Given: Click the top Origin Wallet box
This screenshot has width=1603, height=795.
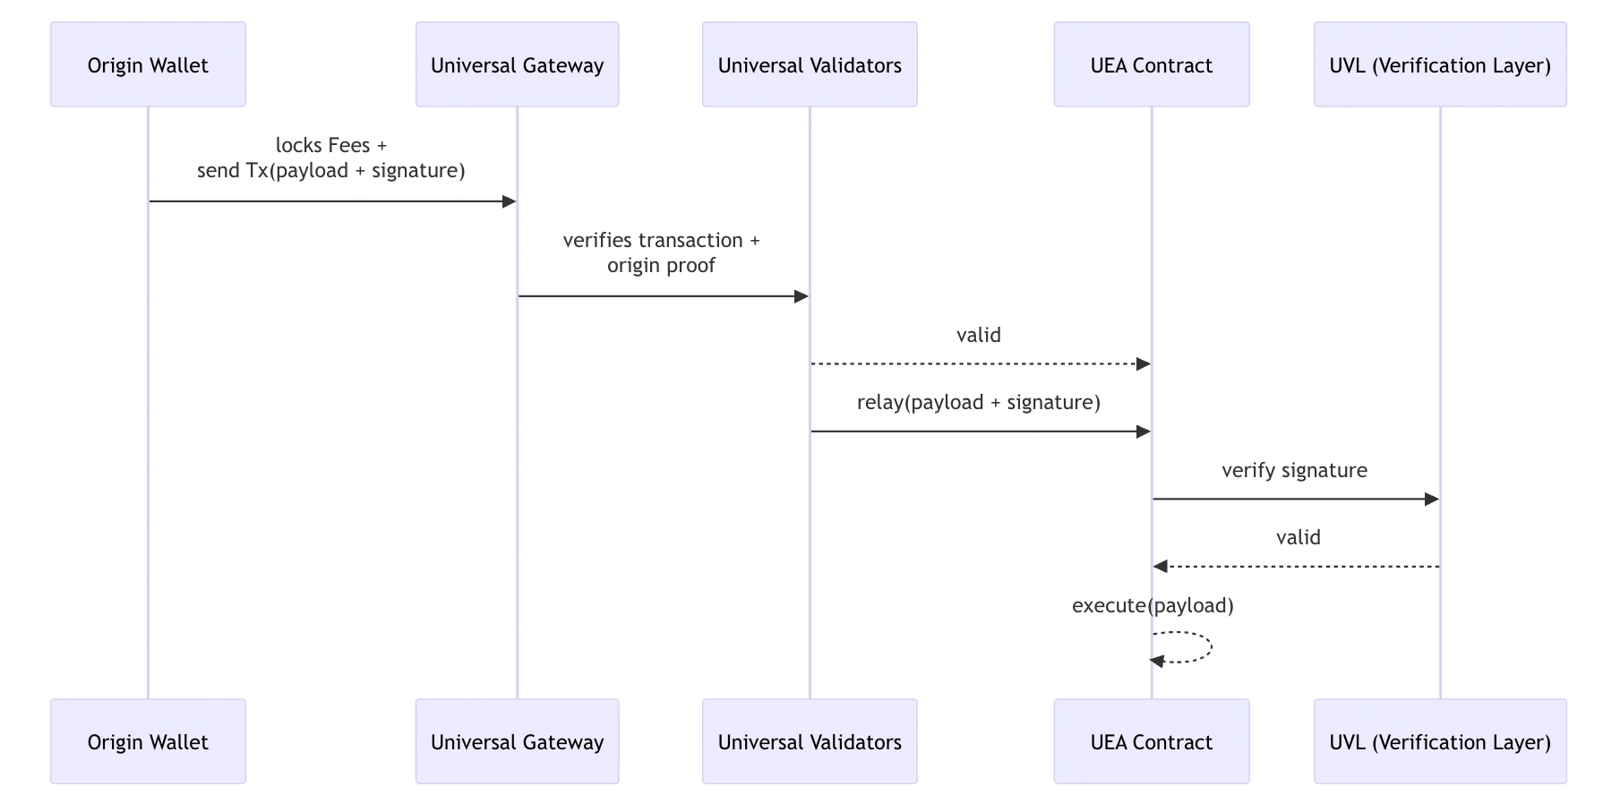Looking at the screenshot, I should (148, 64).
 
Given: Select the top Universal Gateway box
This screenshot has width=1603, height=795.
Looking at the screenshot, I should (517, 64).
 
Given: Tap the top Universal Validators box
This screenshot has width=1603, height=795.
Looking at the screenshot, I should (810, 64).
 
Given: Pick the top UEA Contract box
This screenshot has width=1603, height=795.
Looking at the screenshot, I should (1151, 64).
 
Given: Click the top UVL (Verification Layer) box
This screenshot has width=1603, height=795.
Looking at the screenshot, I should (1440, 64).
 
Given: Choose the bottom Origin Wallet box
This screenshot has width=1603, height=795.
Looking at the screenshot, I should (148, 741).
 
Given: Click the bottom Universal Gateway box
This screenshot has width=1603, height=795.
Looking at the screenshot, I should (517, 741).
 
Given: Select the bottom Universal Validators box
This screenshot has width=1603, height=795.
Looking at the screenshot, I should (810, 741).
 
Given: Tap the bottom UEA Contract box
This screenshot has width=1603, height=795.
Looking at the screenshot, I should (1151, 741).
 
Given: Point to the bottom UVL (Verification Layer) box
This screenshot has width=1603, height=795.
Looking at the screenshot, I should (1440, 741).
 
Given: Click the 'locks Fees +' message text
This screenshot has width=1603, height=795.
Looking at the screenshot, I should (331, 145).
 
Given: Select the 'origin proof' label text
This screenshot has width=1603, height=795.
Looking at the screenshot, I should (661, 266).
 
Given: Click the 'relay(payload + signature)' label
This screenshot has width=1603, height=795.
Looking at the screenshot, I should (978, 403).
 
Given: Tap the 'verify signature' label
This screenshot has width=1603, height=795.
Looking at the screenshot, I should (1294, 471).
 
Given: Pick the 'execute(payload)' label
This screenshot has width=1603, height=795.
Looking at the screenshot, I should (1153, 606).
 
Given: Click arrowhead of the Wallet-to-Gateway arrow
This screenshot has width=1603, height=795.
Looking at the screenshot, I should (510, 201).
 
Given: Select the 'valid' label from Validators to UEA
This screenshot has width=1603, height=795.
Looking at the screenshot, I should (978, 336).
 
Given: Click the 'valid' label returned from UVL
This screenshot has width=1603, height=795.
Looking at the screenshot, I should (1298, 538).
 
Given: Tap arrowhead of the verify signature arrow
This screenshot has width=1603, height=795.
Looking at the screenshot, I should (1431, 499).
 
